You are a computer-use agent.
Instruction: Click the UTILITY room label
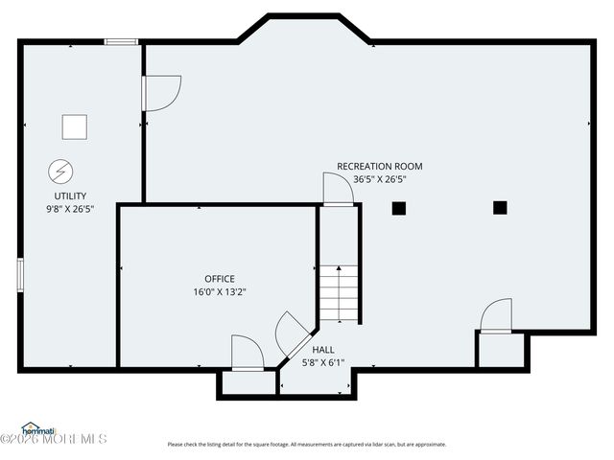[63, 195]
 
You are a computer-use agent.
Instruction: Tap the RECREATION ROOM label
[379, 166]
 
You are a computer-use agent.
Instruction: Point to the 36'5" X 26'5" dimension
[379, 178]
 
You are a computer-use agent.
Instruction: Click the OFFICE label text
[219, 279]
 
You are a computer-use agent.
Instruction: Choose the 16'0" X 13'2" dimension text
[219, 292]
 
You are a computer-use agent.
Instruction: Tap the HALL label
[323, 350]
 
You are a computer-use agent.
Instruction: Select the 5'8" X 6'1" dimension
[323, 362]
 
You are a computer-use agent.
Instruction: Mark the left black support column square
[399, 208]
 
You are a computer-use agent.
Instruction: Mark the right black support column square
[500, 207]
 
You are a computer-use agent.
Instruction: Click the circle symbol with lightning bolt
[59, 171]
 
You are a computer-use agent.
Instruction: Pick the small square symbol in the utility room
[74, 126]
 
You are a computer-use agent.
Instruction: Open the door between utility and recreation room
[159, 93]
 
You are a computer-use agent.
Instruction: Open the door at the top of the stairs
[338, 189]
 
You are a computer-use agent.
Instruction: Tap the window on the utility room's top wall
[122, 41]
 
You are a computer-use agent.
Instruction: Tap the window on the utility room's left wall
[19, 273]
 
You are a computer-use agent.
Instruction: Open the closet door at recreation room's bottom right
[496, 317]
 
